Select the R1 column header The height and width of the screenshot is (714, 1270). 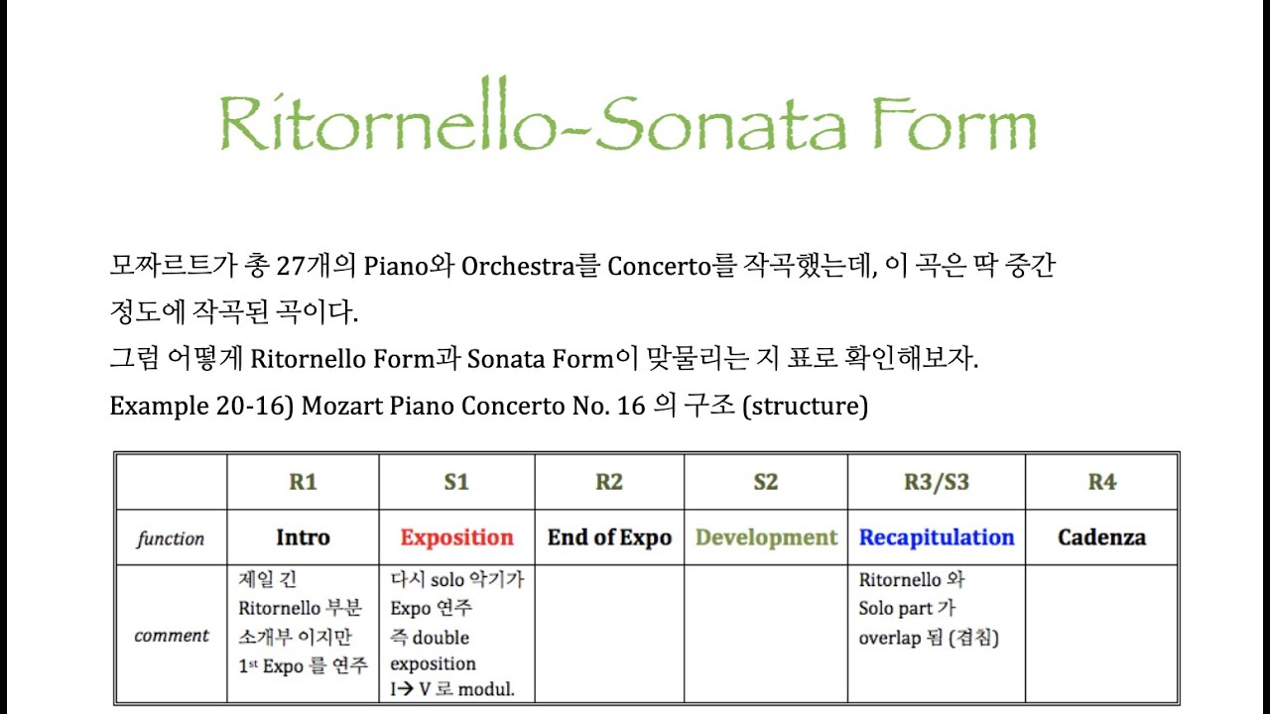coord(303,483)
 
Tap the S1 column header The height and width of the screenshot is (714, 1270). coord(456,483)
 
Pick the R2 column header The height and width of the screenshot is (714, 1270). coord(609,483)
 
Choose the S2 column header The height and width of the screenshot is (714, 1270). coord(765,483)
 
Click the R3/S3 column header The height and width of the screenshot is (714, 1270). coord(937,483)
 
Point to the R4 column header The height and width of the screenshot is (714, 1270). coord(1101,483)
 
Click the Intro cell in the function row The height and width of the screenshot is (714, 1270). coord(303,537)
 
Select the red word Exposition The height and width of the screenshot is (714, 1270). coord(456,537)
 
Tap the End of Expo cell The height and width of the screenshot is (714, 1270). coord(609,537)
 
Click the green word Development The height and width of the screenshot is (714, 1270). coord(766,537)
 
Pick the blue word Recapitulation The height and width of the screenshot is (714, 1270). coord(937,537)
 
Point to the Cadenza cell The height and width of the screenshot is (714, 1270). coord(1101,537)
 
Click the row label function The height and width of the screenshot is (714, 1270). coord(171,539)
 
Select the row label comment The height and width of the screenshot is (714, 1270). coord(172,636)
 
